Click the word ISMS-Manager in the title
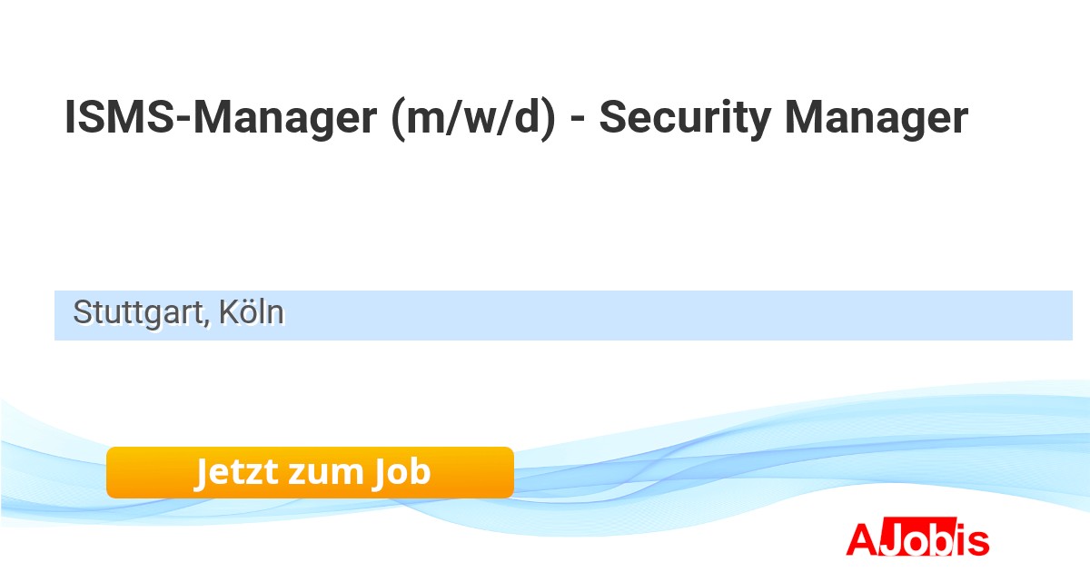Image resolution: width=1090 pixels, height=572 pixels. click(x=221, y=117)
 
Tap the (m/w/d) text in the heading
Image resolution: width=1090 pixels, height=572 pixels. click(x=472, y=118)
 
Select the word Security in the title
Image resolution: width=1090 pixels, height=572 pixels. click(x=685, y=119)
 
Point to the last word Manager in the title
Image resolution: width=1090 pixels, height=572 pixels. click(x=877, y=119)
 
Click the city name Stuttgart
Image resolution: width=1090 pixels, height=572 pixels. click(x=138, y=312)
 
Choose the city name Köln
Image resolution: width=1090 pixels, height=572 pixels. click(x=251, y=311)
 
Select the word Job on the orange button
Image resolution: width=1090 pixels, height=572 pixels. click(x=401, y=472)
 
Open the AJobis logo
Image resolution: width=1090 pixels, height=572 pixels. click(x=917, y=538)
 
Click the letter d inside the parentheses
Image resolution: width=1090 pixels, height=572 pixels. click(x=528, y=118)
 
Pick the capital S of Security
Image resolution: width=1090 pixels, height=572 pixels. click(x=613, y=117)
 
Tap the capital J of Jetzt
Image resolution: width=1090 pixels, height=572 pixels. click(x=201, y=472)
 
